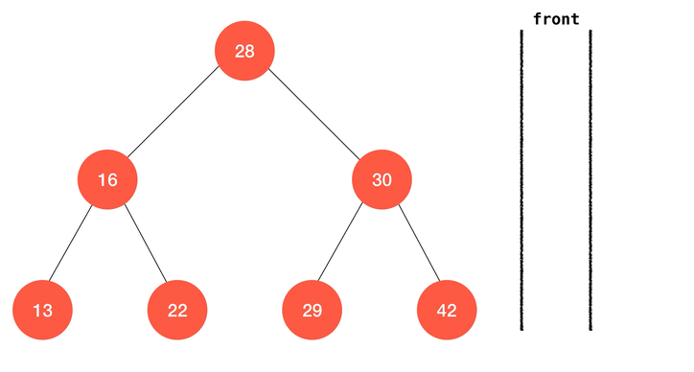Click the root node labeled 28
[244, 51]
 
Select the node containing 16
[107, 179]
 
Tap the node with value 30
[382, 179]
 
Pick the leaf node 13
[42, 310]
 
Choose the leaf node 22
[177, 310]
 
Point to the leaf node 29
[312, 310]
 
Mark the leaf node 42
[447, 310]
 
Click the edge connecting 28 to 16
[173, 112]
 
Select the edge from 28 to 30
[314, 114]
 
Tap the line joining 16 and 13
[70, 244]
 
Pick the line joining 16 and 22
[146, 244]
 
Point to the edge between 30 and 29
[340, 243]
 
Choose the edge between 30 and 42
[420, 243]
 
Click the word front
[556, 19]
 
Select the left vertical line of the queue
[521, 180]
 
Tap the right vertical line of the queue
[590, 180]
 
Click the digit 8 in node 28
[249, 52]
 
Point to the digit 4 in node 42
[442, 311]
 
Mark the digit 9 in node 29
[317, 311]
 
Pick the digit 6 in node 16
[112, 180]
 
